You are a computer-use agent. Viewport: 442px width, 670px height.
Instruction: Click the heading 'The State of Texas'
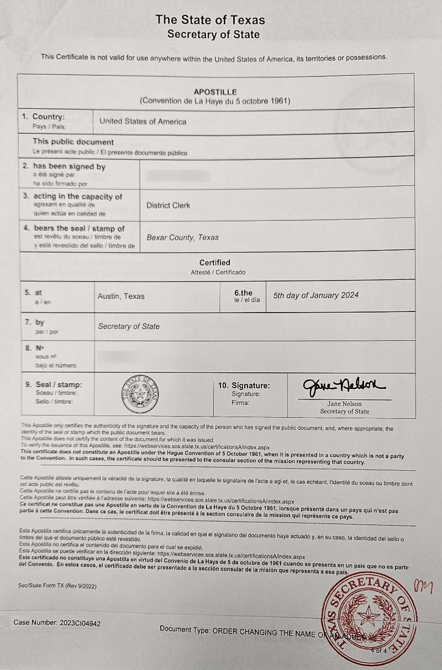pos(210,20)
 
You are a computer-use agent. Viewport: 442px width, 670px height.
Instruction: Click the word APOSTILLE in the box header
pos(215,92)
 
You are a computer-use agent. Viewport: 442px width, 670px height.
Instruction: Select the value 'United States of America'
pos(143,122)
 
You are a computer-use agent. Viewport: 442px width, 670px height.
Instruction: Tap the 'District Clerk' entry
pos(168,205)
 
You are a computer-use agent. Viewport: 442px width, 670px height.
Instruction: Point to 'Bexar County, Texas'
pos(182,237)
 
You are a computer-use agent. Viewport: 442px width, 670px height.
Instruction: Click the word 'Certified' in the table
pos(215,262)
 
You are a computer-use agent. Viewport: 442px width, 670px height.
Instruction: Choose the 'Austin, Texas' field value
pos(121,297)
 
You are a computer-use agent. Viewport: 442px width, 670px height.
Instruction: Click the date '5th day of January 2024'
pos(315,295)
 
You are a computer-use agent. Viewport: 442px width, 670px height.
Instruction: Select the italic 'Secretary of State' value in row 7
pos(129,326)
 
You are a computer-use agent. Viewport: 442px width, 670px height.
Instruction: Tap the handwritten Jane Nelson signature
pos(344,386)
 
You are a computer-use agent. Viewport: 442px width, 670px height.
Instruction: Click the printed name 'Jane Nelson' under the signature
pos(345,404)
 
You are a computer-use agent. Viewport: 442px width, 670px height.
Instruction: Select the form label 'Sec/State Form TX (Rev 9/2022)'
pos(52,585)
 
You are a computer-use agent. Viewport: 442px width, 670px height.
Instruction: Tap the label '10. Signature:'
pos(245,386)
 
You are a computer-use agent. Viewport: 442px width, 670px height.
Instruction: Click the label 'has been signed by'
pos(69,167)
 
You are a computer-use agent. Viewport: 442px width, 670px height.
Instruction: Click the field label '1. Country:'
pos(44,117)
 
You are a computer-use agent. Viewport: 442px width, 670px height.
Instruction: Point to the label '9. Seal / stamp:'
pos(54,385)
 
